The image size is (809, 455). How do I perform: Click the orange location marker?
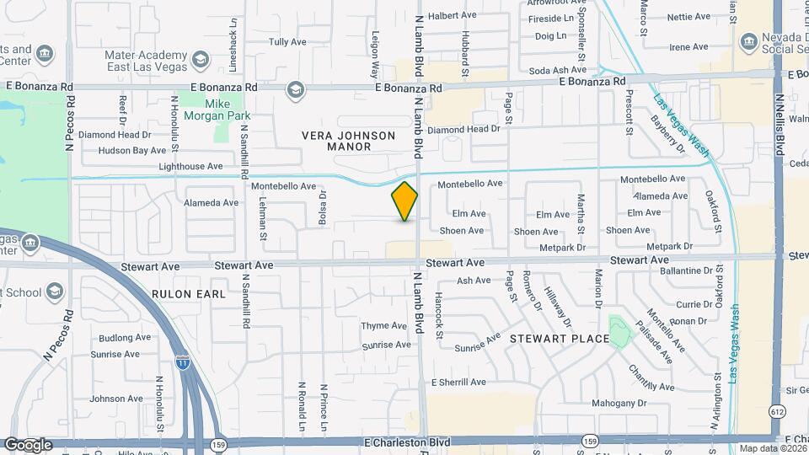click(x=405, y=201)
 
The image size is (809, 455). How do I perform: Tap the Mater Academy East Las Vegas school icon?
click(x=200, y=60)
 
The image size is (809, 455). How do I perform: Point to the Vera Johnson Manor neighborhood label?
click(x=348, y=141)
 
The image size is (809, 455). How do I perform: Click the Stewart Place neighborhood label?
click(x=559, y=338)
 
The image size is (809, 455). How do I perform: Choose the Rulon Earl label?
click(x=189, y=294)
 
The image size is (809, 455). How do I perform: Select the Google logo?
click(x=27, y=444)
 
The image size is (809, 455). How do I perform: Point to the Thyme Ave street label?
click(x=383, y=325)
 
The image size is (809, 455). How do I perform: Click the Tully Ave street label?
click(x=287, y=41)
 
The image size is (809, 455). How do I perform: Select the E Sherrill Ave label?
click(x=458, y=382)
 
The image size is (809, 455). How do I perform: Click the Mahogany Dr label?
click(x=619, y=403)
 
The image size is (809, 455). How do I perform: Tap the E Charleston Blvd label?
click(x=409, y=442)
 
